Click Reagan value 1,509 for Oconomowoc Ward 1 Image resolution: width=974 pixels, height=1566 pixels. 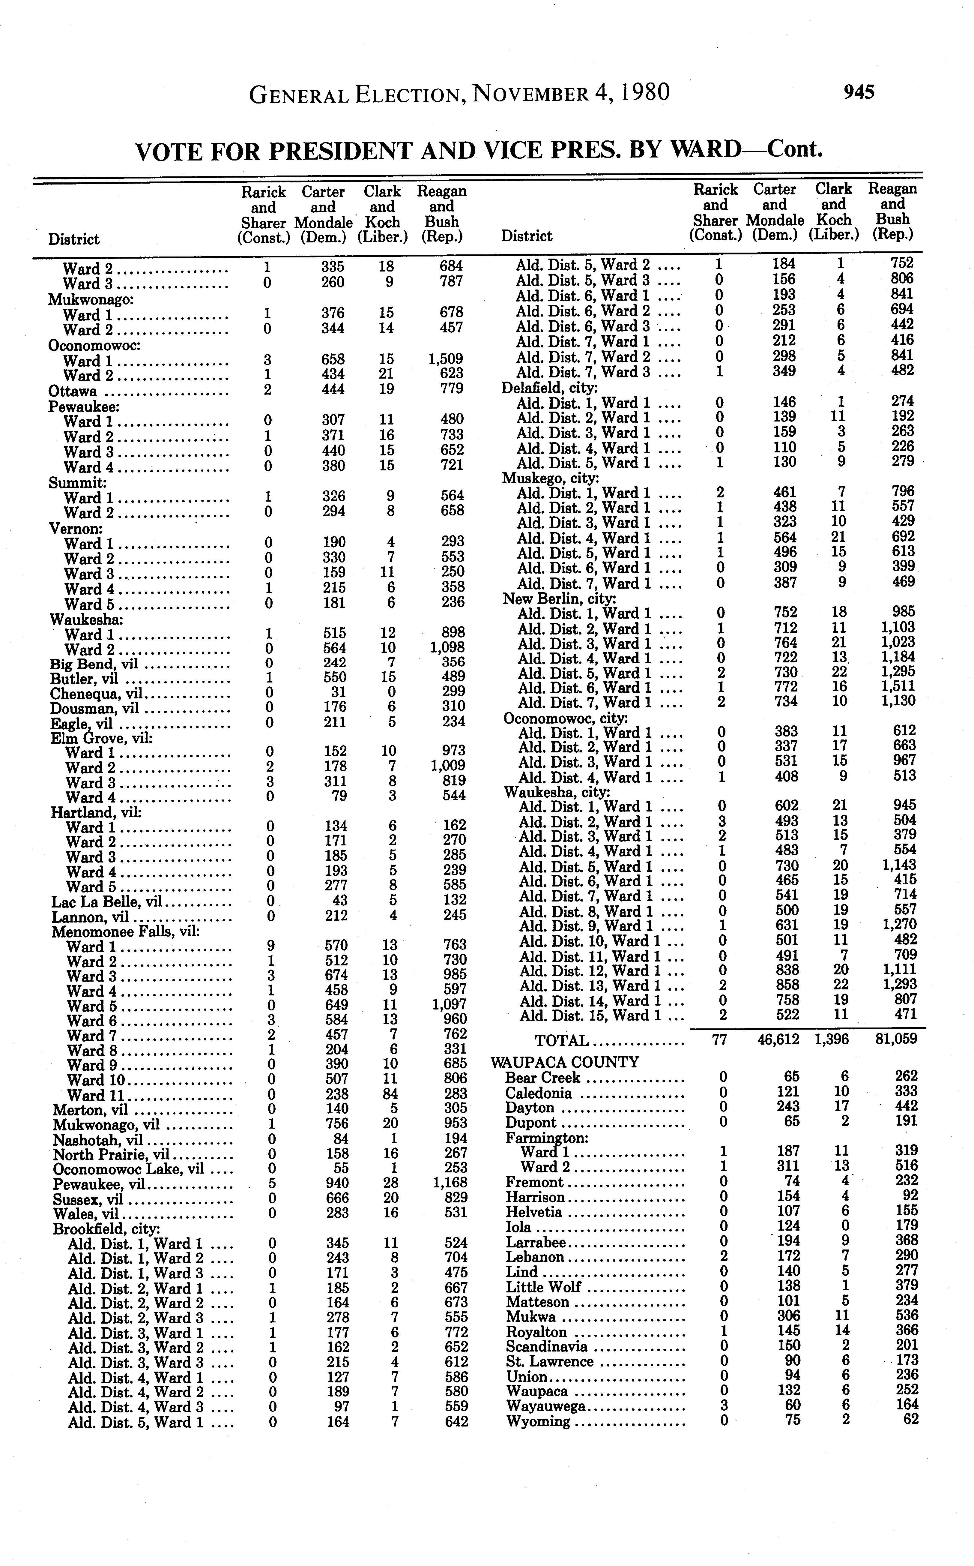point(446,359)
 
